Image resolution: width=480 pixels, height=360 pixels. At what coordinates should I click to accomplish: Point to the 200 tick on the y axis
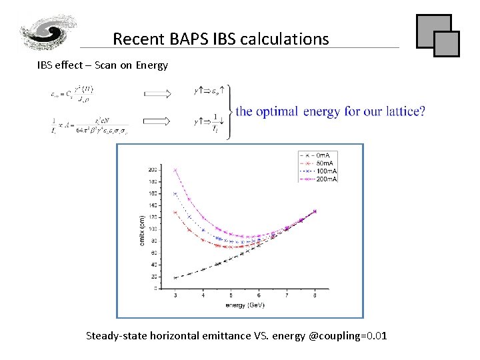pyautogui.click(x=153, y=169)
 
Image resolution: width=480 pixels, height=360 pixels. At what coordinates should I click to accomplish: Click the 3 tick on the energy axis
pyautogui.click(x=175, y=295)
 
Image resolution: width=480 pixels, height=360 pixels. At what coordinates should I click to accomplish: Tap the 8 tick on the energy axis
pyautogui.click(x=315, y=295)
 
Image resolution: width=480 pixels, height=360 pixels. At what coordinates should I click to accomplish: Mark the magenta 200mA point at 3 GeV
pyautogui.click(x=175, y=170)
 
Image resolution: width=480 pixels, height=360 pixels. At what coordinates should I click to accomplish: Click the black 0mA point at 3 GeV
pyautogui.click(x=175, y=277)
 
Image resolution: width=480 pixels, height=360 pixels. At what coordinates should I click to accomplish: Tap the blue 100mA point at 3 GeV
pyautogui.click(x=175, y=194)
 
